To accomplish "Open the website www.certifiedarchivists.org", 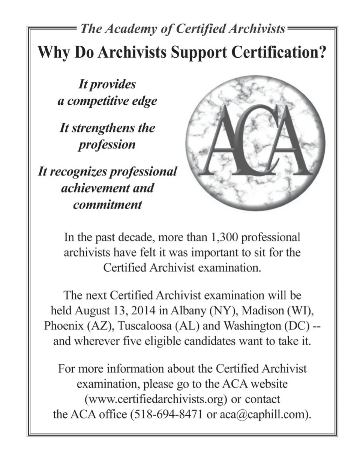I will click(x=156, y=399).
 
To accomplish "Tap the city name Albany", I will click(x=188, y=311).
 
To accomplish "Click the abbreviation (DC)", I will click(x=297, y=326).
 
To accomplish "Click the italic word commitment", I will click(x=107, y=205).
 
